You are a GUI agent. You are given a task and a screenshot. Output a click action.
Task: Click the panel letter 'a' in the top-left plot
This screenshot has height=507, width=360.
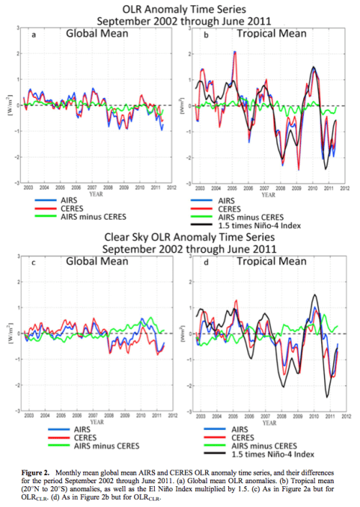(34, 35)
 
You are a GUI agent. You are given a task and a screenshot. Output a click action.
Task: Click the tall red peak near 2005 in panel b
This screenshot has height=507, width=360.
(235, 52)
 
